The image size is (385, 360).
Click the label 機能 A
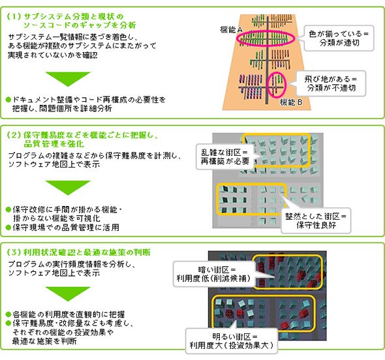tap(231, 30)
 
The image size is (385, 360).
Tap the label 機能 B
tap(291, 102)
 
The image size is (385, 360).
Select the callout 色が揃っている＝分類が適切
tap(339, 38)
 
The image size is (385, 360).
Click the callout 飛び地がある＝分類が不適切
tap(330, 83)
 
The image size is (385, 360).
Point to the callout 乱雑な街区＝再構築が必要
tap(224, 157)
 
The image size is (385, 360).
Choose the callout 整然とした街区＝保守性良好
tap(316, 220)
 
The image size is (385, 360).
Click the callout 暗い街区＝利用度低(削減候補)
tap(214, 274)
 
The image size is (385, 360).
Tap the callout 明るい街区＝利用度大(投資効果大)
tap(231, 340)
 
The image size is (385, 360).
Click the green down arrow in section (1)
tap(68, 79)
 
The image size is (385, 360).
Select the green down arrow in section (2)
tap(68, 188)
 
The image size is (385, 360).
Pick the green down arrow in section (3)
tap(68, 293)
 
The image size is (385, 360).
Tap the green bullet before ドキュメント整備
tap(9, 100)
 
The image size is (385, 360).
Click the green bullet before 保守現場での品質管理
tap(9, 228)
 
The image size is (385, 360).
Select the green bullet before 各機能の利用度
tap(9, 314)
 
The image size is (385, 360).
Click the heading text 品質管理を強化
tap(54, 143)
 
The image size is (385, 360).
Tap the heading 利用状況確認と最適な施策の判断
tap(87, 252)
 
